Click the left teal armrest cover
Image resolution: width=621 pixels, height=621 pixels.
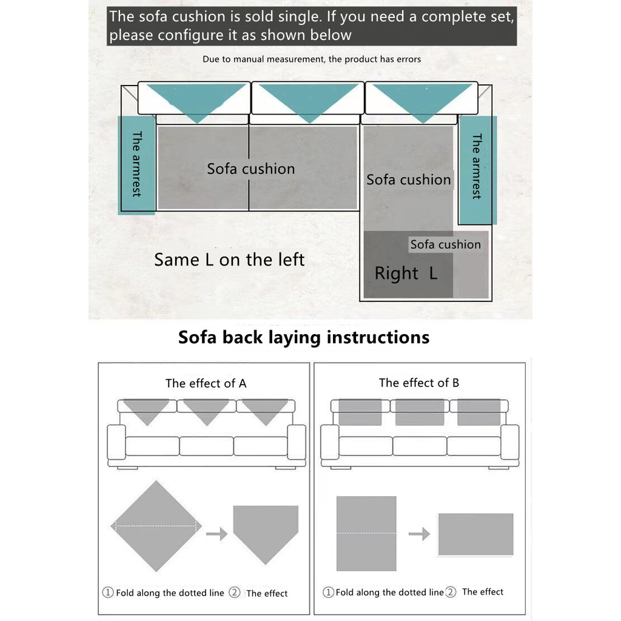pyautogui.click(x=136, y=165)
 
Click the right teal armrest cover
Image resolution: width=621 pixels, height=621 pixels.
pyautogui.click(x=477, y=170)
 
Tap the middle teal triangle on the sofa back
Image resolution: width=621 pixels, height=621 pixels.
pyautogui.click(x=309, y=102)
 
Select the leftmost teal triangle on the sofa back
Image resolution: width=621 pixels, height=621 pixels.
pyautogui.click(x=196, y=102)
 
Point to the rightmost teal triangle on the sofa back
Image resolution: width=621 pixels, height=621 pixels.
pyautogui.click(x=423, y=102)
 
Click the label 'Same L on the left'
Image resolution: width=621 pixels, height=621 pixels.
pyautogui.click(x=229, y=260)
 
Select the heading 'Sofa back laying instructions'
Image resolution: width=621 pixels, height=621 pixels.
pyautogui.click(x=304, y=337)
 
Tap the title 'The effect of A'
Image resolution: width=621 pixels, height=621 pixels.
pyautogui.click(x=206, y=383)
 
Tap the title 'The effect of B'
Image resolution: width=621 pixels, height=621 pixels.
pyautogui.click(x=419, y=383)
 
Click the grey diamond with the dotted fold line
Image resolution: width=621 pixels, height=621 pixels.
pyautogui.click(x=156, y=526)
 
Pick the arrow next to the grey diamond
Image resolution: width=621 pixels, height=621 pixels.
pyautogui.click(x=217, y=534)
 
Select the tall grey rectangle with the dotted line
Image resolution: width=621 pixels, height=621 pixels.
pyautogui.click(x=366, y=534)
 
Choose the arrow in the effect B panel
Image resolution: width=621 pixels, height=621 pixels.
pyautogui.click(x=420, y=534)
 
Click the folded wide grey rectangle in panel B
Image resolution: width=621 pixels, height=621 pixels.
pyautogui.click(x=475, y=534)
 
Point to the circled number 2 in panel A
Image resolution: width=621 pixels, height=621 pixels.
pyautogui.click(x=235, y=592)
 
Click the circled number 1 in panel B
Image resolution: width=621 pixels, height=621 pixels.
pyautogui.click(x=328, y=592)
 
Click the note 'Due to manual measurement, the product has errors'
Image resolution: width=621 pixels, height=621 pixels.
pyautogui.click(x=312, y=59)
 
